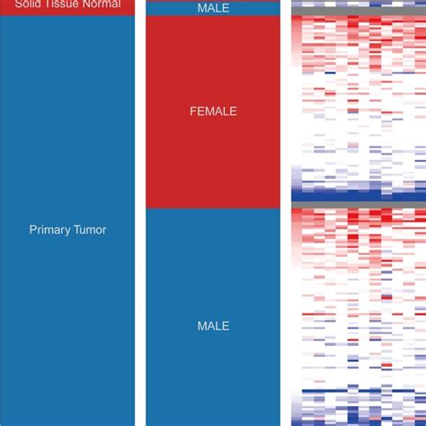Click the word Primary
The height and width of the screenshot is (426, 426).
[x=49, y=230]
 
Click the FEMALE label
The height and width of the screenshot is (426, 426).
[x=213, y=111]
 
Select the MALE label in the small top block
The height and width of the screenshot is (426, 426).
[x=213, y=7]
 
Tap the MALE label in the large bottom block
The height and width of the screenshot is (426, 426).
[x=213, y=325]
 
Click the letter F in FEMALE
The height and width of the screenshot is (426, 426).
[x=192, y=111]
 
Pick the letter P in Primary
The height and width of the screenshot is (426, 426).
[x=33, y=230]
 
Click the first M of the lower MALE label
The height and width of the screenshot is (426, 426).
[x=201, y=325]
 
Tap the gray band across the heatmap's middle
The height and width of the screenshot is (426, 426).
[x=358, y=206]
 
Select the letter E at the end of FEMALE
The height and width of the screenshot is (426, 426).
[x=233, y=111]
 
